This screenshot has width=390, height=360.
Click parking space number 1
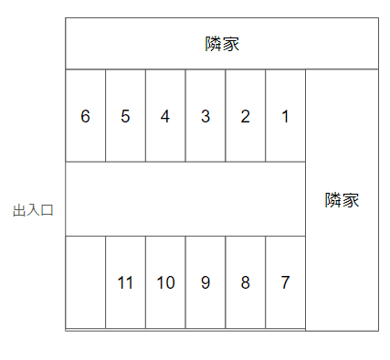[x=285, y=116]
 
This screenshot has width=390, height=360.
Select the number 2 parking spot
[x=245, y=116]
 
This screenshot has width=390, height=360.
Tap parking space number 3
[x=206, y=116]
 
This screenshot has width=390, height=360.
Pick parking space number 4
[x=165, y=116]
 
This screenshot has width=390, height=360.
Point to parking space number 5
[x=125, y=116]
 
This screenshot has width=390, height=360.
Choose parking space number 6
[x=85, y=116]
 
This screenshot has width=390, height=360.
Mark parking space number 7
[x=285, y=282]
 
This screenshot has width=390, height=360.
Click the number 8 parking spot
[x=245, y=282]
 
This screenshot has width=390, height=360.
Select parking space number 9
[x=206, y=282]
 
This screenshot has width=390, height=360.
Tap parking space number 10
[x=165, y=282]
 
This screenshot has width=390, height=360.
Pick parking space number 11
[x=125, y=282]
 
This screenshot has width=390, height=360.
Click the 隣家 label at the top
[x=222, y=43]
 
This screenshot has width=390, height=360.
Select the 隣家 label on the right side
[x=342, y=200]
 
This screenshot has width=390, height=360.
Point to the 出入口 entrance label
[x=34, y=210]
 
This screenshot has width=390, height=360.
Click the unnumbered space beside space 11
[x=85, y=282]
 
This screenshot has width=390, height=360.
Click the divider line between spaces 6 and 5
[x=105, y=116]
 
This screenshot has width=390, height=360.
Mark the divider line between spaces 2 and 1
[x=266, y=116]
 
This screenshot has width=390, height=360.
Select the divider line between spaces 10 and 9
[x=185, y=282]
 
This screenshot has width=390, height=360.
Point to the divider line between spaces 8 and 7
[x=266, y=282]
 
